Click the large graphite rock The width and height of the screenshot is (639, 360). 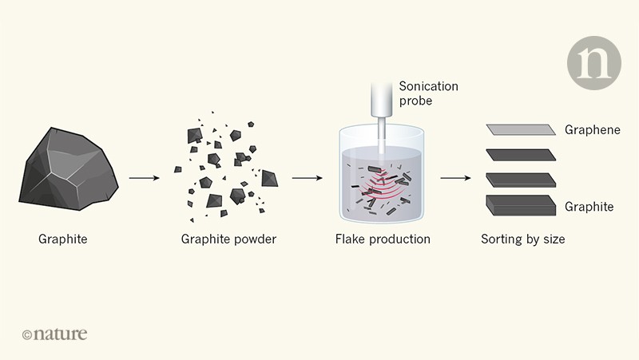click(69, 168)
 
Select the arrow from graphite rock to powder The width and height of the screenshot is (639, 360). click(145, 177)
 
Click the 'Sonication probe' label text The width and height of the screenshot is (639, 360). click(427, 94)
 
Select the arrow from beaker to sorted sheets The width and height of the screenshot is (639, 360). click(456, 177)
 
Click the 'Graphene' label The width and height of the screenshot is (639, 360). click(592, 130)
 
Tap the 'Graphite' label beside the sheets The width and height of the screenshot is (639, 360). click(589, 207)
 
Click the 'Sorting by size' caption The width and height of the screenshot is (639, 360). click(522, 239)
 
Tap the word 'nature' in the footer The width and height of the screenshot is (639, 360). click(61, 334)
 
